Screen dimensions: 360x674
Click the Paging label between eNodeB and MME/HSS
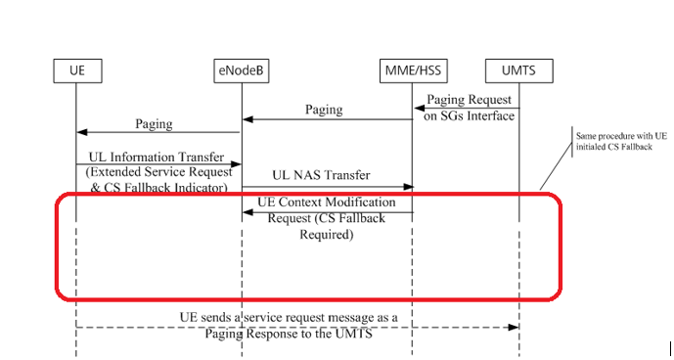click(324, 110)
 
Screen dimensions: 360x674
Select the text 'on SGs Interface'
click(469, 116)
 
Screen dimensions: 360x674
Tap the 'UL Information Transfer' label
click(156, 157)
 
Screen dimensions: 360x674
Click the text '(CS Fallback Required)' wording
click(326, 226)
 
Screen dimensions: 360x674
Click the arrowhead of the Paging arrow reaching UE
click(80, 134)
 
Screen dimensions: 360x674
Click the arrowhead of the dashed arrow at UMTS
click(515, 327)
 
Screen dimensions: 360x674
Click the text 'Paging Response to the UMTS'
click(289, 334)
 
